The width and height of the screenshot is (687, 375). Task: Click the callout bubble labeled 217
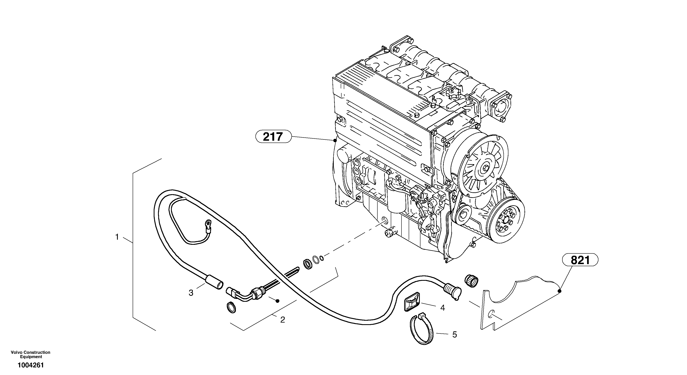273,137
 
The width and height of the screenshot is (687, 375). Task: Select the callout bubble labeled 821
580,260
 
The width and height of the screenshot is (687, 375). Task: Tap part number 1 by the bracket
117,237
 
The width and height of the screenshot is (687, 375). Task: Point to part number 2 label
282,320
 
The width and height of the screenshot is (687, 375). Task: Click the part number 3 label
191,293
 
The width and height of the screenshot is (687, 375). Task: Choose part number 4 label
442,308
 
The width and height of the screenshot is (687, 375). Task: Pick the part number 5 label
454,335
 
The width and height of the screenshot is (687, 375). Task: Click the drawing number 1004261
30,365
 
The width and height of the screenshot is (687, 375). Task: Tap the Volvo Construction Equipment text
30,354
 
